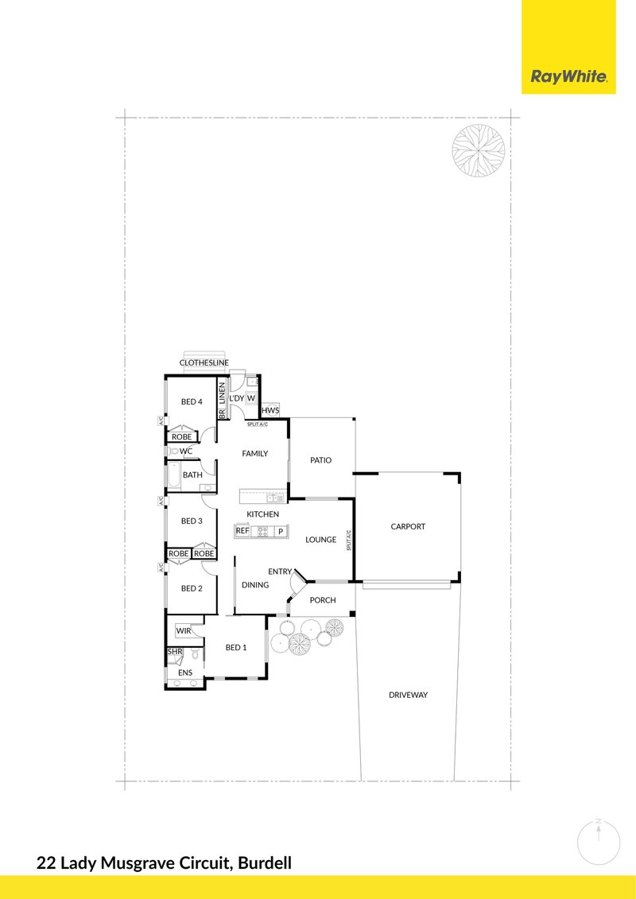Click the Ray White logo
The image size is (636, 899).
(568, 77)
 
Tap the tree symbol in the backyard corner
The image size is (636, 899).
(479, 152)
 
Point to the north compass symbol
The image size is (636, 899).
(598, 842)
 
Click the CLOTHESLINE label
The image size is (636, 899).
(204, 363)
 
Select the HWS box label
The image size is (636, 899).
(270, 410)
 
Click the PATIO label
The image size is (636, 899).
(321, 459)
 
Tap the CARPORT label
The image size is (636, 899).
(408, 526)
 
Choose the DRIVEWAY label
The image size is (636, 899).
(408, 695)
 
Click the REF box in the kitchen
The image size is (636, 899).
(242, 530)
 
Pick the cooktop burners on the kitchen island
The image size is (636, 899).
(262, 530)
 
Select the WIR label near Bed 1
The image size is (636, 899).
(184, 630)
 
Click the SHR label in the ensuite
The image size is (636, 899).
(175, 653)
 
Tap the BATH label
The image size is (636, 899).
(192, 475)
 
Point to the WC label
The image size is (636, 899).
(186, 451)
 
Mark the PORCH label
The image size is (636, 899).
(322, 600)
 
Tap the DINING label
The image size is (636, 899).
(255, 585)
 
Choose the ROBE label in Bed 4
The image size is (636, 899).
(182, 436)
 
